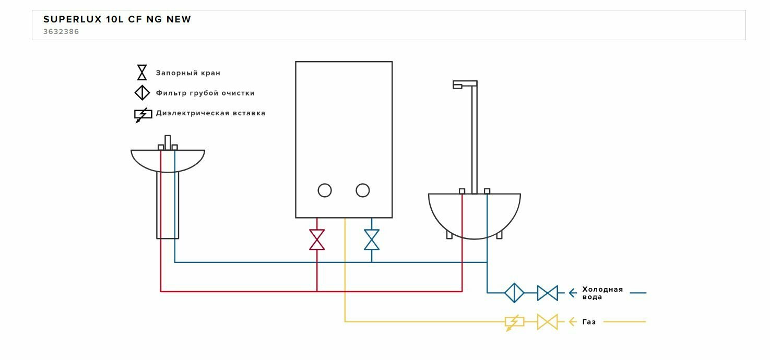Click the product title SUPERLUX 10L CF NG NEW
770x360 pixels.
tap(117, 20)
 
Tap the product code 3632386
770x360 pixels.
tap(61, 32)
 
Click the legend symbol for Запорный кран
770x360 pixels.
tap(142, 73)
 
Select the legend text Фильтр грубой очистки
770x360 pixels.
tap(205, 93)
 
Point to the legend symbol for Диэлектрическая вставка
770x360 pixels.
tap(143, 114)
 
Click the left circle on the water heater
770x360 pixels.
tap(325, 190)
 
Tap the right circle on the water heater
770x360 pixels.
tap(363, 190)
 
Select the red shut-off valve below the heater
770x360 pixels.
tap(317, 239)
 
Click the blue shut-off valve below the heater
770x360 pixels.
tap(372, 239)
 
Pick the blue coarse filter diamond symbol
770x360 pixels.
tap(514, 293)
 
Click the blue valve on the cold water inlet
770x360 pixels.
tap(548, 293)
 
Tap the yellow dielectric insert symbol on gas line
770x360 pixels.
tap(514, 322)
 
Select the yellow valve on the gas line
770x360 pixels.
tap(548, 322)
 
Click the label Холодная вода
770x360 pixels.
tap(602, 293)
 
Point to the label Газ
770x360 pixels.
tap(589, 322)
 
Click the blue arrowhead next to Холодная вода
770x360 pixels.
tap(572, 293)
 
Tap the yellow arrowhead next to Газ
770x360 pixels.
tap(572, 322)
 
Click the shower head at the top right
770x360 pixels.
tap(464, 84)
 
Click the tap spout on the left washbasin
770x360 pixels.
tap(168, 142)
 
